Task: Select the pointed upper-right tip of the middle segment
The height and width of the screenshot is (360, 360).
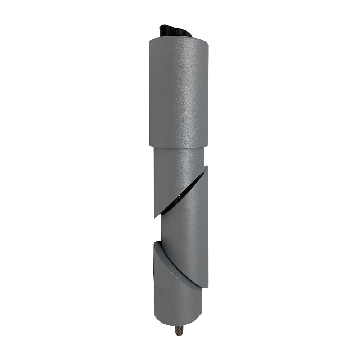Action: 207,167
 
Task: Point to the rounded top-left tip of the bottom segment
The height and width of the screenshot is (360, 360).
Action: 156,243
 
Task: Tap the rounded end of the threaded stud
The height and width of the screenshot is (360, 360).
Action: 178,334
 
